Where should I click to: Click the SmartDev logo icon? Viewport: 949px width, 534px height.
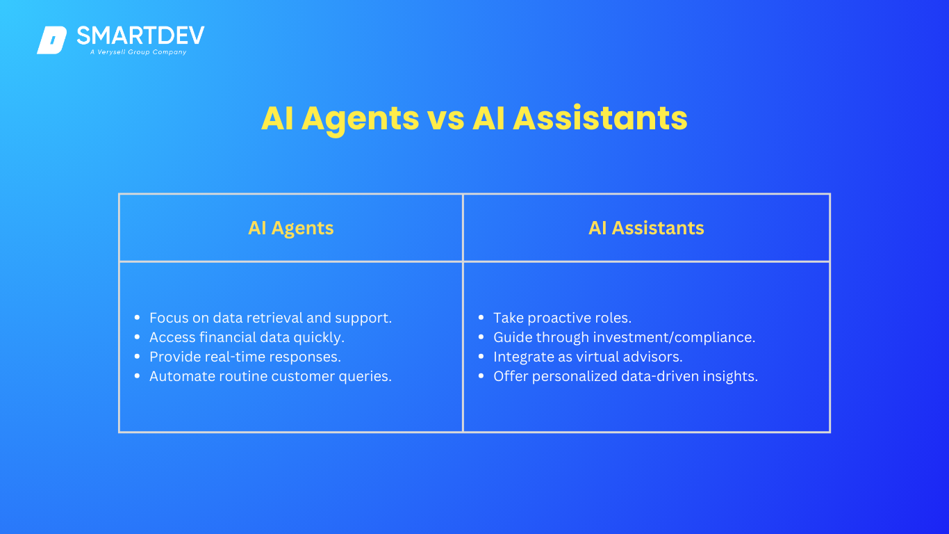point(51,40)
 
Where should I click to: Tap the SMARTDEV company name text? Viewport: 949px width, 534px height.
point(140,35)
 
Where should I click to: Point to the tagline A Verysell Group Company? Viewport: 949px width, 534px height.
point(138,52)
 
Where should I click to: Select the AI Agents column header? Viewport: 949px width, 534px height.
point(290,228)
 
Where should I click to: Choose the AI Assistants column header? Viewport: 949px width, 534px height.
point(646,228)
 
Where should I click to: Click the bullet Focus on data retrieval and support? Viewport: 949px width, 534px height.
point(270,318)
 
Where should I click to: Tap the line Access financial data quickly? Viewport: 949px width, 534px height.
point(247,337)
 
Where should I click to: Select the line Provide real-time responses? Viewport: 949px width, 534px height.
point(245,357)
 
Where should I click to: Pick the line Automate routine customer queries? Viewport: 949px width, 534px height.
point(270,376)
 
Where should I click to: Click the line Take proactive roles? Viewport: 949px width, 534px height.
point(562,318)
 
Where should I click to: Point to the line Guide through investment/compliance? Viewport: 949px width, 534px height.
point(624,337)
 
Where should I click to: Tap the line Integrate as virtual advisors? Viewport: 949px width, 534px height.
point(588,357)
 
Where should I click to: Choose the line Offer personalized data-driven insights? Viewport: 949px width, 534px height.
point(625,376)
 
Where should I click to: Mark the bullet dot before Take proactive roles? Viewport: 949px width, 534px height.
point(481,317)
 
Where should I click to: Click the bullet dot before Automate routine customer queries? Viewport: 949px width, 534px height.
point(137,375)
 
